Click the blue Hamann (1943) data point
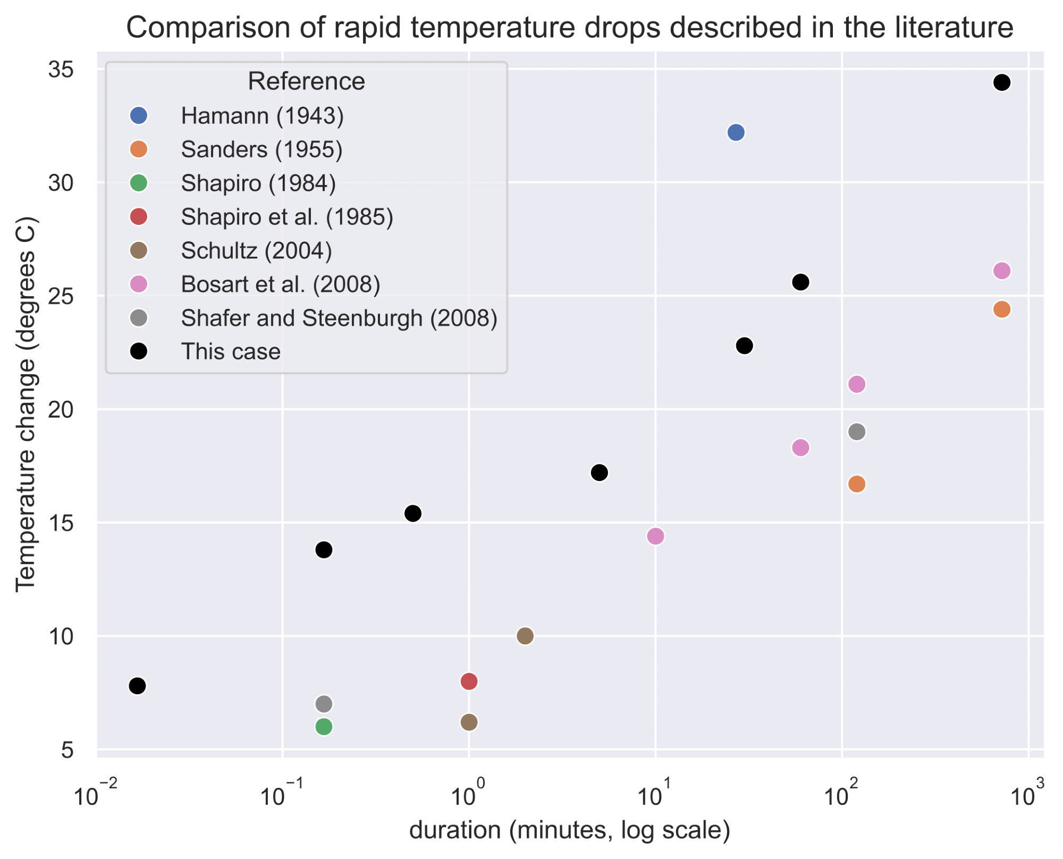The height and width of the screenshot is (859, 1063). (x=736, y=132)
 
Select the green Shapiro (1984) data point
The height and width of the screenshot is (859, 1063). (x=324, y=727)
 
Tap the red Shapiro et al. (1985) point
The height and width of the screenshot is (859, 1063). (x=469, y=681)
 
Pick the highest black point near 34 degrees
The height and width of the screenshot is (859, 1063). (x=1001, y=82)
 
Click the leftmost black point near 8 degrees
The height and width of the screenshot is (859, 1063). (x=137, y=686)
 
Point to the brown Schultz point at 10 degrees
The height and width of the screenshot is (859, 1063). (x=525, y=636)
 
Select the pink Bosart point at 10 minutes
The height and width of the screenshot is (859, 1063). (x=655, y=536)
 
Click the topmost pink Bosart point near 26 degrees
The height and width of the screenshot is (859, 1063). (x=1001, y=271)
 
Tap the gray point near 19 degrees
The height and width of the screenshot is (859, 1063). (x=857, y=432)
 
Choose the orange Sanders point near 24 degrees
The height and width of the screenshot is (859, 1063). (x=1001, y=309)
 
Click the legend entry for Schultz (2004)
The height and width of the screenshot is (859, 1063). (x=256, y=250)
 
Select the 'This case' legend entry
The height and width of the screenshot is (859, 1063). (x=230, y=351)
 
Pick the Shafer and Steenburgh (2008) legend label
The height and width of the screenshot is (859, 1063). (x=339, y=318)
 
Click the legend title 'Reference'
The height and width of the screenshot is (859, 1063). (x=306, y=81)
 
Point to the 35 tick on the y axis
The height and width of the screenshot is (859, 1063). (x=61, y=70)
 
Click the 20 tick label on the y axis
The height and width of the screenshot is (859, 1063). (x=61, y=409)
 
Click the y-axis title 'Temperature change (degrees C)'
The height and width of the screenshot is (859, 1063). (x=25, y=404)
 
